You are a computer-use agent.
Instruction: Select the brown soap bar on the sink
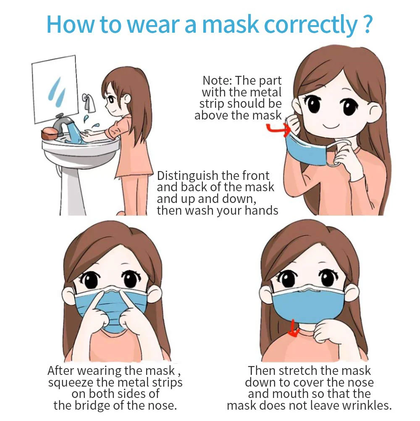50,134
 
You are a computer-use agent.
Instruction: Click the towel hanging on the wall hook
89,103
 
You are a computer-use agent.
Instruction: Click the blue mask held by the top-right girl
307,149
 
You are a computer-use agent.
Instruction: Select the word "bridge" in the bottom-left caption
94,405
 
